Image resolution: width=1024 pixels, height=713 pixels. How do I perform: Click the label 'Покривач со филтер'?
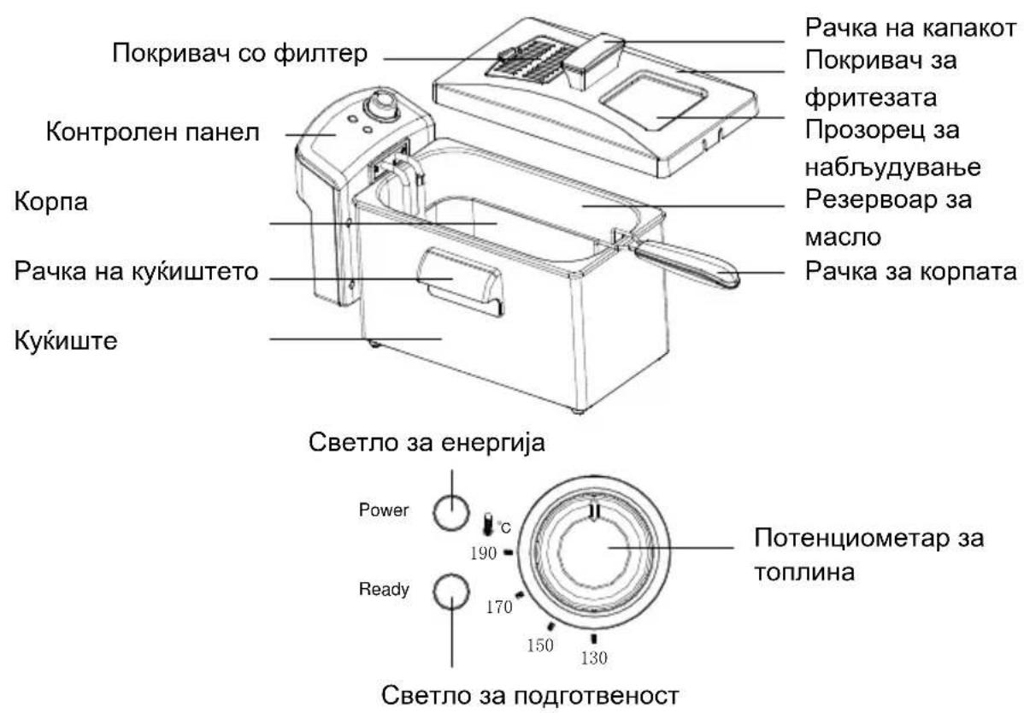coord(239,54)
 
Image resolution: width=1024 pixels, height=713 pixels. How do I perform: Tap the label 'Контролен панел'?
coord(153,132)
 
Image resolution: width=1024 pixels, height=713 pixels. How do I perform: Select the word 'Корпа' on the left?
coord(51,202)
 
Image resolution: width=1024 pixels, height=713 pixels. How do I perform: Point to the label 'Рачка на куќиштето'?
coord(137,272)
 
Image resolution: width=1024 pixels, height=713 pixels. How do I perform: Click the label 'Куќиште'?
coord(66,340)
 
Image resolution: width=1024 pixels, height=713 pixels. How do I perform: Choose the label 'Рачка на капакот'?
coord(911,28)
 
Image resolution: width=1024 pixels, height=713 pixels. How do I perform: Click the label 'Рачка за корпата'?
coord(911,270)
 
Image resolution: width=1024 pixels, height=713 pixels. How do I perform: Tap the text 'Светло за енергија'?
coord(427,444)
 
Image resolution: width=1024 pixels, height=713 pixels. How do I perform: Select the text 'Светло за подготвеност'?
coord(530,695)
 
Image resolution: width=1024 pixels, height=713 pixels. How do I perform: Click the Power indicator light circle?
coord(451,511)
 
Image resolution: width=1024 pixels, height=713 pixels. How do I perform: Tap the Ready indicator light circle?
coord(451,591)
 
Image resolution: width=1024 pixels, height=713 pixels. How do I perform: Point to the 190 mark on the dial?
coord(508,552)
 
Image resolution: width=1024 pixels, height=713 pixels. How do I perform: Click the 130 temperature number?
coord(594,657)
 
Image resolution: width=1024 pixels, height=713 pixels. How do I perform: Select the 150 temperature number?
coord(540,645)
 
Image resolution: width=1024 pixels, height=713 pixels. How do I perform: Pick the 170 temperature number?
coord(499,607)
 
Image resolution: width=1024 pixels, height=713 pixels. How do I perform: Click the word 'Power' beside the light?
coord(384,510)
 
